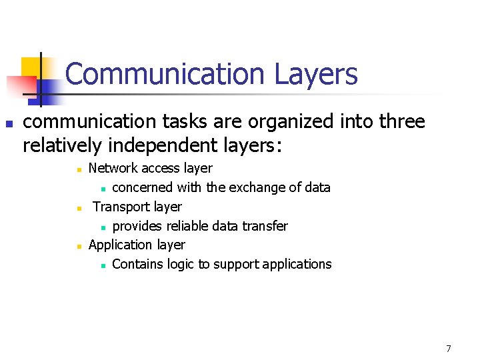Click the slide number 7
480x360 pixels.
click(449, 349)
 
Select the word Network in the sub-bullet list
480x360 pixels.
click(111, 169)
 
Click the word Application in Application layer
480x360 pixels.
click(120, 245)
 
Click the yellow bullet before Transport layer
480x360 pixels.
click(79, 209)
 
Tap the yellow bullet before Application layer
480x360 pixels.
click(79, 247)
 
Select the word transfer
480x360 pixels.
click(266, 226)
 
